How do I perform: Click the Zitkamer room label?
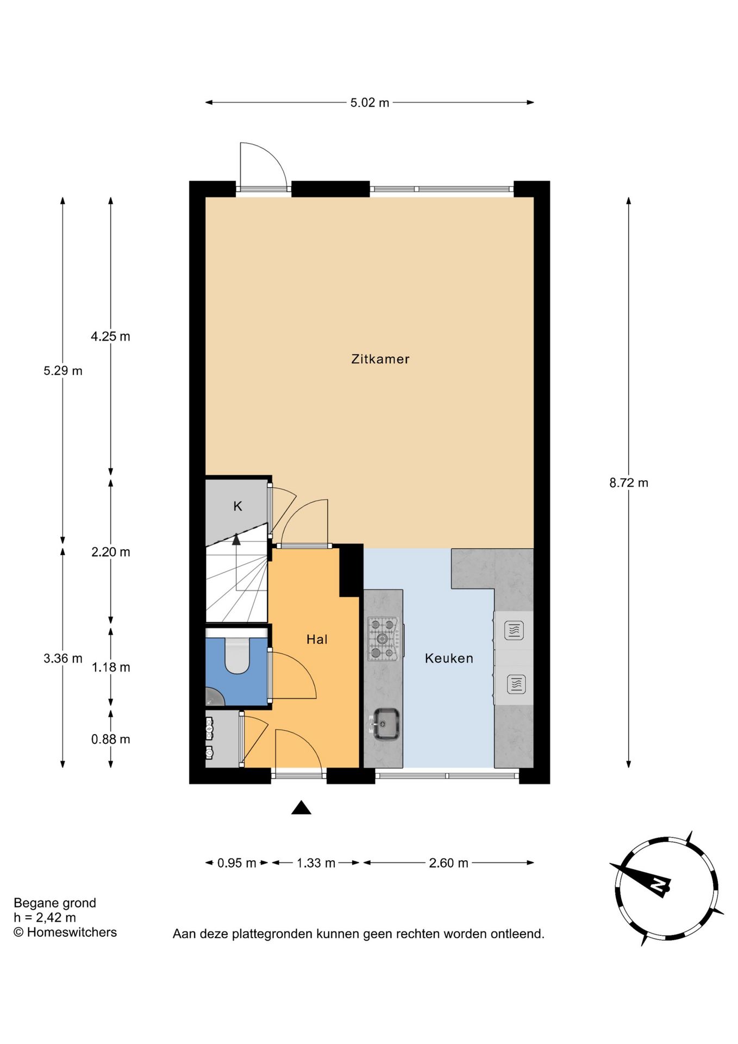coord(380,359)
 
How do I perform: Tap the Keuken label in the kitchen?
coord(449,658)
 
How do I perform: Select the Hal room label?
coord(317,639)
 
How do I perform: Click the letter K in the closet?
coord(237,506)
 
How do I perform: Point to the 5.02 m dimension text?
coord(370,103)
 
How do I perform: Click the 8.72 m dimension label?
coord(629,483)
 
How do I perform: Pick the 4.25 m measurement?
coord(110,337)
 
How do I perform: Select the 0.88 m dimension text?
coord(110,739)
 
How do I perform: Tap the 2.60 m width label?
coord(448,863)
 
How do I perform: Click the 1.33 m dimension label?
coord(316,863)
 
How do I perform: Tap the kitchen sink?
coord(386,724)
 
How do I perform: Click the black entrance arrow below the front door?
coord(301,808)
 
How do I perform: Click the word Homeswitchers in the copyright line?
coord(72,932)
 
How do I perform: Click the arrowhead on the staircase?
coord(236,539)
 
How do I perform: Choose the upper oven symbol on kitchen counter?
coord(514,631)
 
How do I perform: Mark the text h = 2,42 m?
coord(45,918)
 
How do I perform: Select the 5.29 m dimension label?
coord(63,371)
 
